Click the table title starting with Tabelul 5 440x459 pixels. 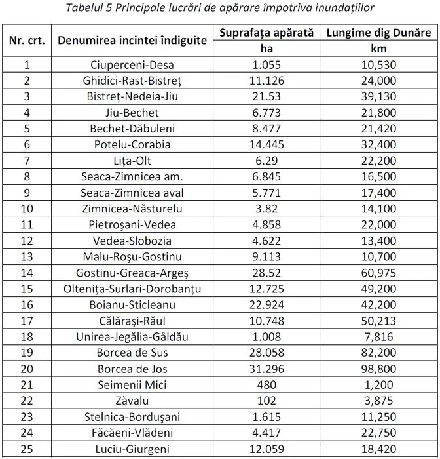(219, 8)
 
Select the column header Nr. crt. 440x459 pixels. (27, 40)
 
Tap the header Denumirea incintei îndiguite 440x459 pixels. (132, 40)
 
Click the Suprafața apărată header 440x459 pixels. (266, 32)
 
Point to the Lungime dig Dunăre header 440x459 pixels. (378, 32)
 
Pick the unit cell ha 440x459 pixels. (266, 49)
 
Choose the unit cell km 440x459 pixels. (378, 49)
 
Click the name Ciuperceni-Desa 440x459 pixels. (132, 65)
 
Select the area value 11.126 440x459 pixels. (266, 81)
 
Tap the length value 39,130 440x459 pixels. (378, 96)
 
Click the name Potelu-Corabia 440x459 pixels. (132, 144)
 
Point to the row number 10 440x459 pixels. (27, 209)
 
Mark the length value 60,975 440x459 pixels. (378, 272)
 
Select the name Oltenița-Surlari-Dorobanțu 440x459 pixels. (132, 289)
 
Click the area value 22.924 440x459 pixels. (266, 304)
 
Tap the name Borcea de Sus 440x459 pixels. (132, 352)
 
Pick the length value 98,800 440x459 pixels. (378, 368)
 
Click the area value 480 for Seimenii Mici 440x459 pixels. (266, 384)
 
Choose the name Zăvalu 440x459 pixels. (132, 400)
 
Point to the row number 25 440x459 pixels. (27, 449)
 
